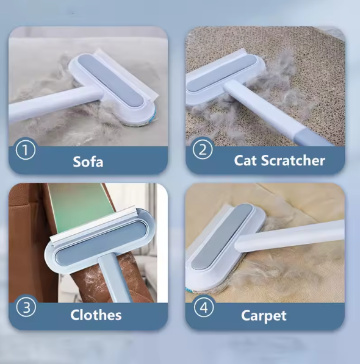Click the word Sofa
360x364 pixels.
(x=88, y=162)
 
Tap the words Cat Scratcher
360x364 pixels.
(x=279, y=160)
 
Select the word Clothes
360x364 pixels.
(x=96, y=315)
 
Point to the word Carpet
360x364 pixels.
(x=264, y=316)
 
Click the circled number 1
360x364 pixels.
(x=26, y=150)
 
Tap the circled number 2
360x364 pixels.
(x=203, y=149)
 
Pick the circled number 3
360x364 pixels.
(x=26, y=307)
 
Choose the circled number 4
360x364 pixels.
(x=204, y=307)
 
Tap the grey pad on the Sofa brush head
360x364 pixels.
(x=113, y=80)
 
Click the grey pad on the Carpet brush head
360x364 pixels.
(x=222, y=237)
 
